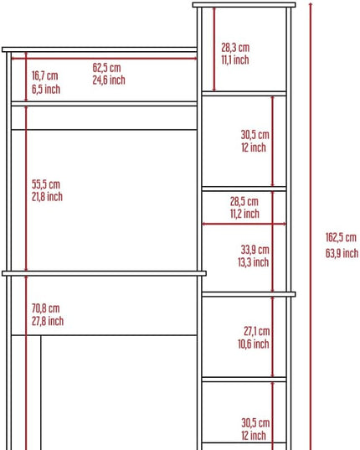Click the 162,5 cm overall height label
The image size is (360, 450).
pyautogui.click(x=341, y=238)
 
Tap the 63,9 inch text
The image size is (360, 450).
pyautogui.click(x=342, y=253)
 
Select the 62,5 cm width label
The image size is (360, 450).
pyautogui.click(x=106, y=68)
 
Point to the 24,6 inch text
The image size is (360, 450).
pyautogui.click(x=109, y=80)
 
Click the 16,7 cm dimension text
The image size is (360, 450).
pyautogui.click(x=44, y=76)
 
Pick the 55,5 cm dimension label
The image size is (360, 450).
pyautogui.click(x=46, y=184)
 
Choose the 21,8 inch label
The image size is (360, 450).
pyautogui.click(x=47, y=197)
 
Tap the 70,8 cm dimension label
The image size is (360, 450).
pyautogui.click(x=45, y=308)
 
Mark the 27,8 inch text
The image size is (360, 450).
pyautogui.click(x=48, y=321)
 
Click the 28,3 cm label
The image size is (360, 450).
pyautogui.click(x=235, y=48)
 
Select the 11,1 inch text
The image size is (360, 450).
pyautogui.click(x=235, y=60)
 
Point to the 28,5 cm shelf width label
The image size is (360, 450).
pyautogui.click(x=244, y=201)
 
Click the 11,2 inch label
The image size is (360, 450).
pyautogui.click(x=244, y=214)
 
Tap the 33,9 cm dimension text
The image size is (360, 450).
pyautogui.click(x=255, y=250)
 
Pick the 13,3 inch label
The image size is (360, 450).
pyautogui.click(x=254, y=262)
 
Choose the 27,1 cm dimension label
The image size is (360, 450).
pyautogui.click(x=257, y=332)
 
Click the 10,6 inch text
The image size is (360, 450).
pyautogui.click(x=254, y=344)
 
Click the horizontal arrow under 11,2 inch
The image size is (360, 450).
pyautogui.click(x=244, y=224)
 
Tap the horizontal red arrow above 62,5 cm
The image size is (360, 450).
pyautogui.click(x=104, y=59)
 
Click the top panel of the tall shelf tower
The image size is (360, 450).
pyautogui.click(x=244, y=5)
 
